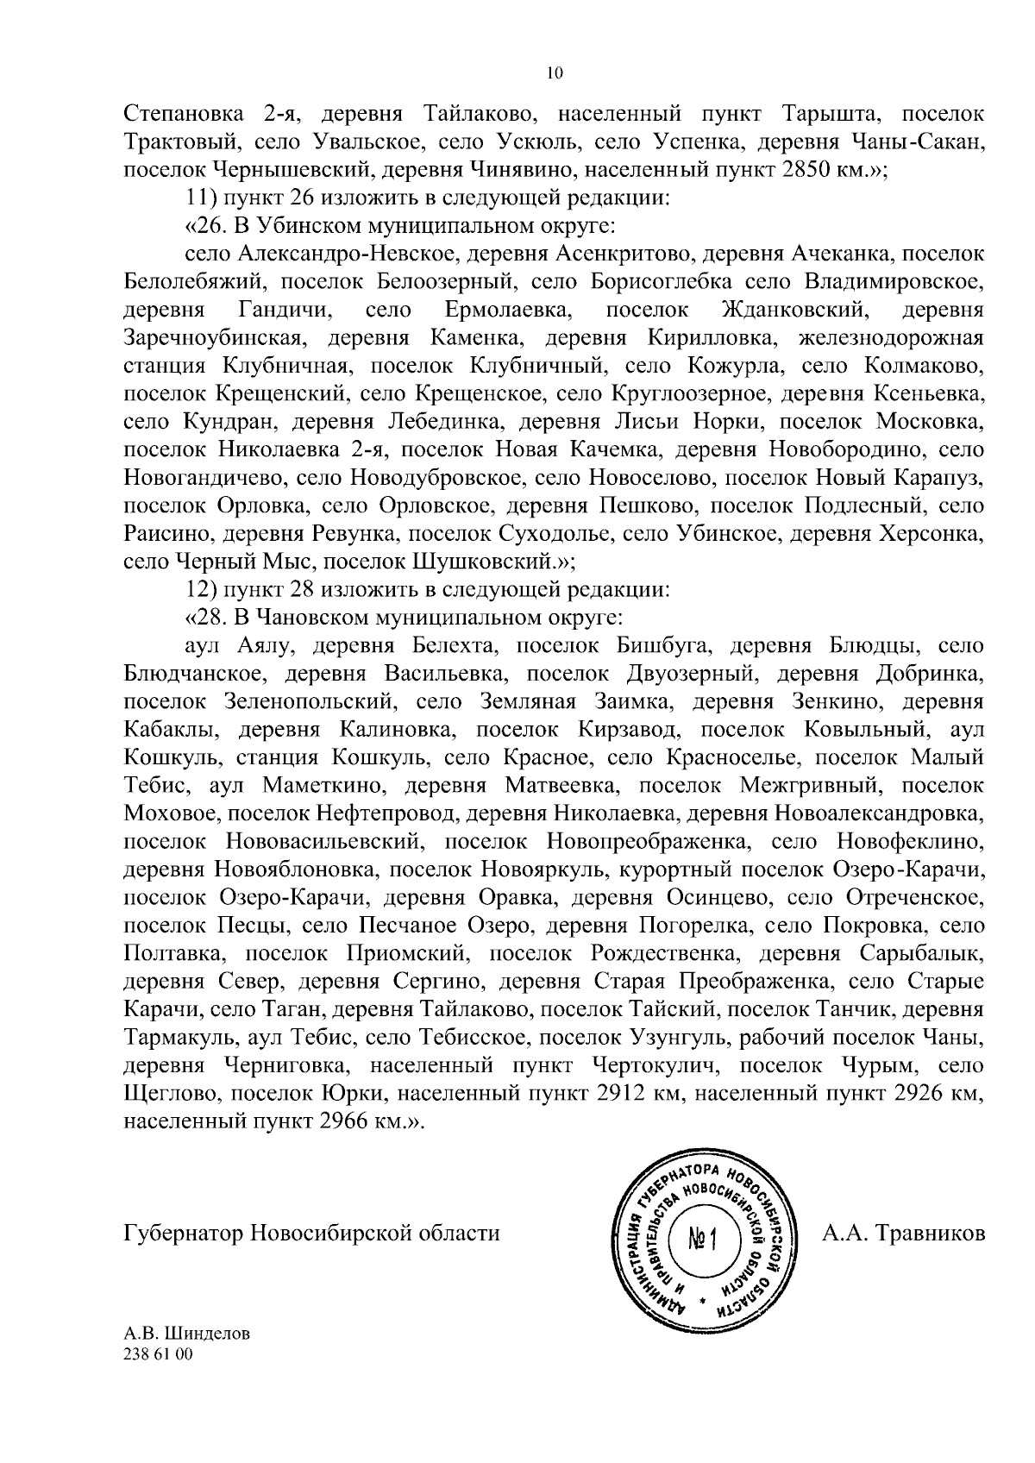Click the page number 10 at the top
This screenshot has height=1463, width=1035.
555,74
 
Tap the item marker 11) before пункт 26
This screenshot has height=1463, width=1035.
203,198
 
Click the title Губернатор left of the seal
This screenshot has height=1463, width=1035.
184,1233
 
